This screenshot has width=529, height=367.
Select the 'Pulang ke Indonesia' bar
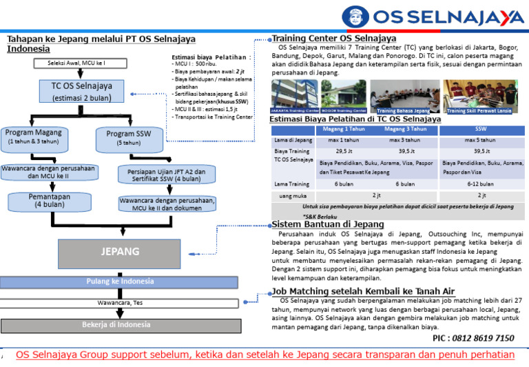pyautogui.click(x=120, y=282)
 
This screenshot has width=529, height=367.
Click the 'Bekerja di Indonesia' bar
pyautogui.click(x=120, y=324)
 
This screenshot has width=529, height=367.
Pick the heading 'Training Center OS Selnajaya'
pyautogui.click(x=334, y=37)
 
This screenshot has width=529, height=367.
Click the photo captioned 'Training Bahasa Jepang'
pyautogui.click(x=404, y=97)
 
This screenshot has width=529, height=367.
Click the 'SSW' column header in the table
pyautogui.click(x=479, y=128)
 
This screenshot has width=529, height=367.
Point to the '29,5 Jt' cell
pyautogui.click(x=344, y=151)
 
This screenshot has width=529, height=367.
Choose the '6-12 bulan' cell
pyautogui.click(x=479, y=184)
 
